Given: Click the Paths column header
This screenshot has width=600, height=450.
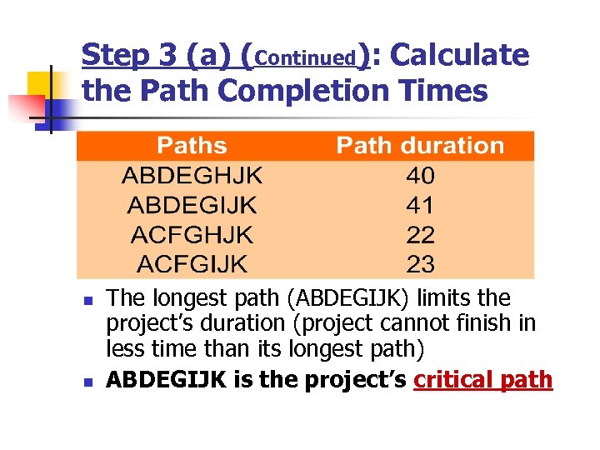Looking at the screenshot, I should [x=192, y=146].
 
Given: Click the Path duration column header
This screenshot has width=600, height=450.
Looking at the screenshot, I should [x=420, y=146].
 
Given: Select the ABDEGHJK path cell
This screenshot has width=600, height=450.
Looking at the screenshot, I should [x=192, y=176].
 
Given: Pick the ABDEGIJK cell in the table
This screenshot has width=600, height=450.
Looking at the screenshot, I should [x=192, y=205].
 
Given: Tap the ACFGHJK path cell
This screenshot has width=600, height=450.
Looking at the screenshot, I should [x=192, y=235].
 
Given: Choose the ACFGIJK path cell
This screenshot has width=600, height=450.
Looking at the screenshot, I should [x=192, y=265].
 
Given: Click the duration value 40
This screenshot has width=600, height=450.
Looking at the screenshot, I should [x=420, y=176].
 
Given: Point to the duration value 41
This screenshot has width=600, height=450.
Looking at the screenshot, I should [x=420, y=205].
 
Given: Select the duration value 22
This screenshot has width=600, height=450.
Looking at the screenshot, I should [x=420, y=235].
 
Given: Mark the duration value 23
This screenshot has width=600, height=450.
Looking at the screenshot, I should [x=420, y=265].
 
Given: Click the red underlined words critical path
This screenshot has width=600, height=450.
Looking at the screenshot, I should [x=483, y=380].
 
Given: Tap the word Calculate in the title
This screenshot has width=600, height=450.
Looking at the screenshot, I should [x=459, y=56].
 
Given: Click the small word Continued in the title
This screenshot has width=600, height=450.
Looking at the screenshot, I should [x=307, y=58].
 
